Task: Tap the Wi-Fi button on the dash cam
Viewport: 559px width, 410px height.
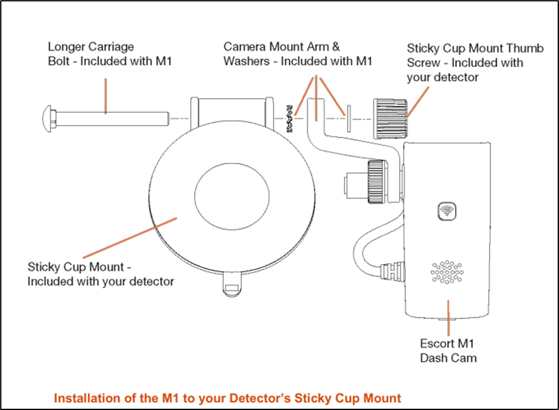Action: coord(445,211)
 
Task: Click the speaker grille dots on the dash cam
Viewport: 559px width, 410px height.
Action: coord(446,273)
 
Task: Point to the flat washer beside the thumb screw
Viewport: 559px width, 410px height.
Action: coord(349,118)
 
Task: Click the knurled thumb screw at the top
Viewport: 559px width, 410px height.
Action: coord(390,117)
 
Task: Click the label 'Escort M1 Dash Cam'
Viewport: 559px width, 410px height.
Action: coord(448,350)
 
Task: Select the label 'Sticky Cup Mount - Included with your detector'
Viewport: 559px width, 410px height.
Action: coord(101,274)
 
